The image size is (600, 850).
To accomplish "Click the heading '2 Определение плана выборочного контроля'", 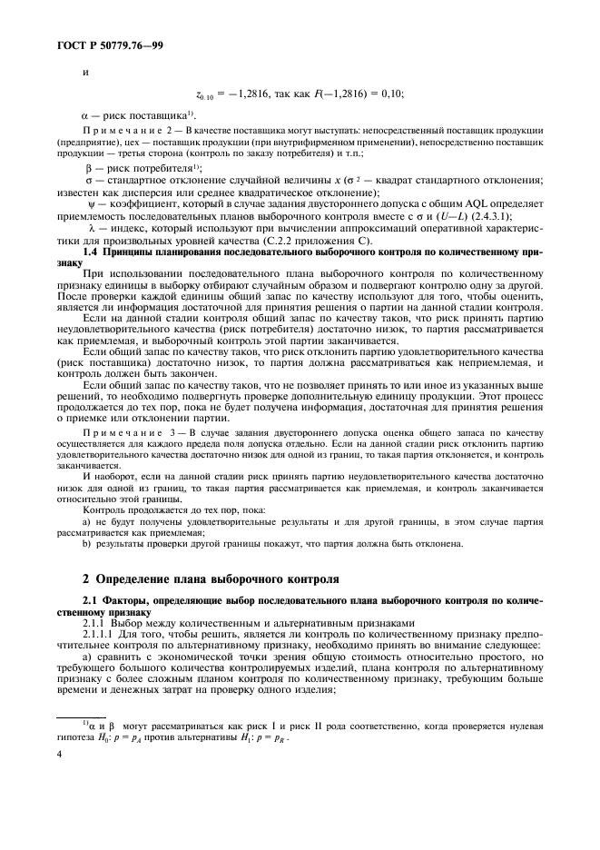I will pyautogui.click(x=211, y=578).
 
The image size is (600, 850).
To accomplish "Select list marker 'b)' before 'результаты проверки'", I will pyautogui.click(x=87, y=544).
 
